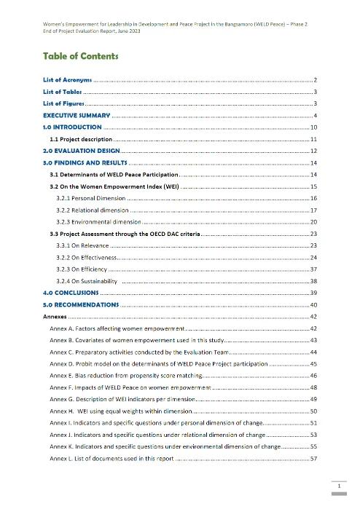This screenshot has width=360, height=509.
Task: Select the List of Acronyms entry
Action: click(x=67, y=78)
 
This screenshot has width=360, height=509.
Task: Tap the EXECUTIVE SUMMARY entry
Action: click(x=77, y=116)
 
